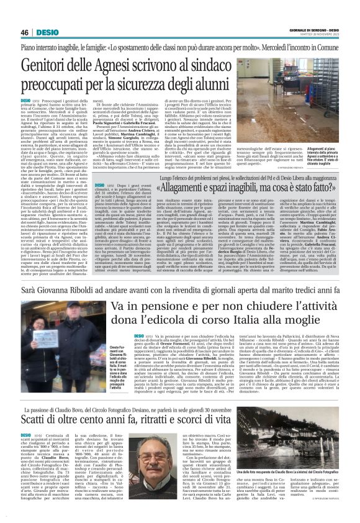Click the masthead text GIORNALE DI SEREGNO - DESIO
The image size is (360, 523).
click(x=312, y=29)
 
